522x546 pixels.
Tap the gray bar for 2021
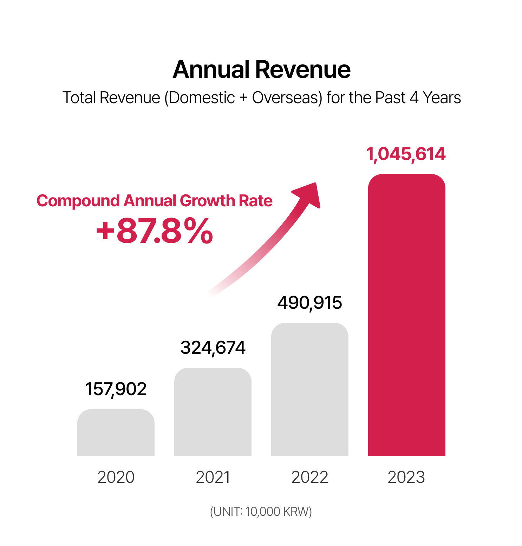coord(213,412)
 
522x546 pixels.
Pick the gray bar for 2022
coord(309,389)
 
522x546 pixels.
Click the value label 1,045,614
coord(406,154)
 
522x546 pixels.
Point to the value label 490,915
coord(309,303)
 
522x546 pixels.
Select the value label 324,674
coord(213,348)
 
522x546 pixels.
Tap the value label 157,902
coord(116,389)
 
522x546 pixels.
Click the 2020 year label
coord(116,477)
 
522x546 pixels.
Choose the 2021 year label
coord(213,477)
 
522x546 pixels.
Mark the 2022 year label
coord(309,477)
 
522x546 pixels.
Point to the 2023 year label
coord(406,477)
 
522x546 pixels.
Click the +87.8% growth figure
coord(155,231)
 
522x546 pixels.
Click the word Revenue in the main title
coord(303,69)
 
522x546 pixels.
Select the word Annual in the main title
coord(211,69)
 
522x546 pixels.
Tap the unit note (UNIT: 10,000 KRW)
coord(261,512)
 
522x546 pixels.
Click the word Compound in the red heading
coord(78,201)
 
